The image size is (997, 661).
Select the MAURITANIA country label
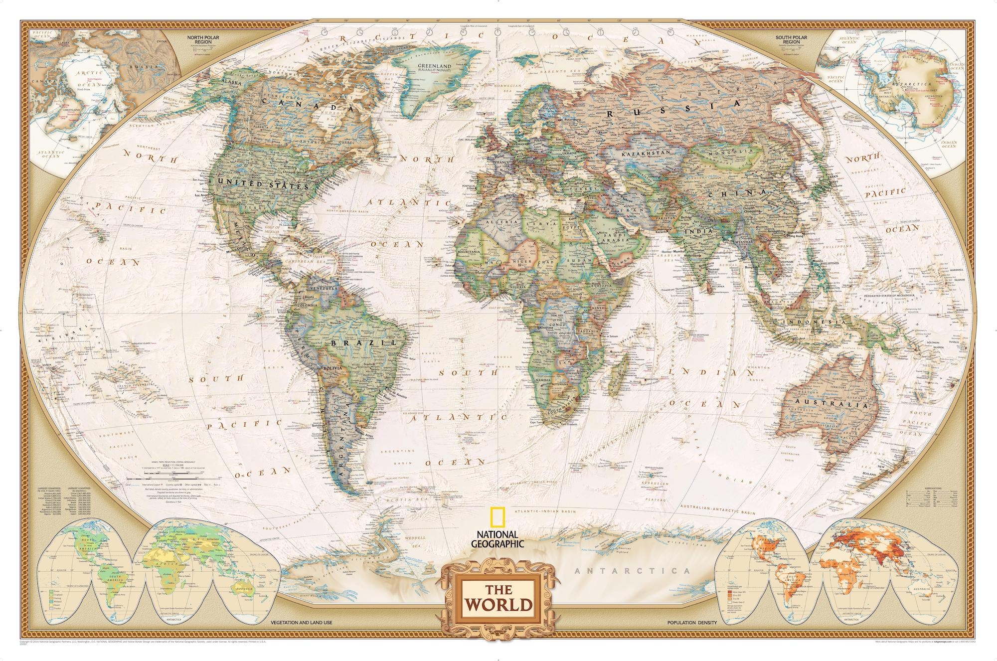(x=469, y=252)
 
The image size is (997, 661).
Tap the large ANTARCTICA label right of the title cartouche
(x=632, y=571)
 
